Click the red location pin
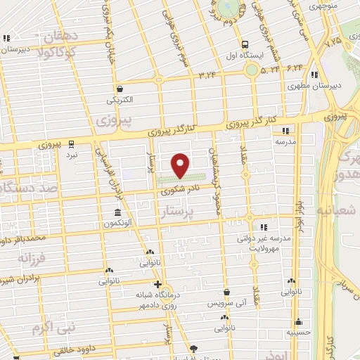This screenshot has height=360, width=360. click(181, 165)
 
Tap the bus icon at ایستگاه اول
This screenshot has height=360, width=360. click(250, 69)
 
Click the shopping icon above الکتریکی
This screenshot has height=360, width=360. click(121, 89)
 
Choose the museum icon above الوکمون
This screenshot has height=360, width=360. click(117, 212)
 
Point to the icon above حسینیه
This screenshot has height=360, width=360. click(299, 321)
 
